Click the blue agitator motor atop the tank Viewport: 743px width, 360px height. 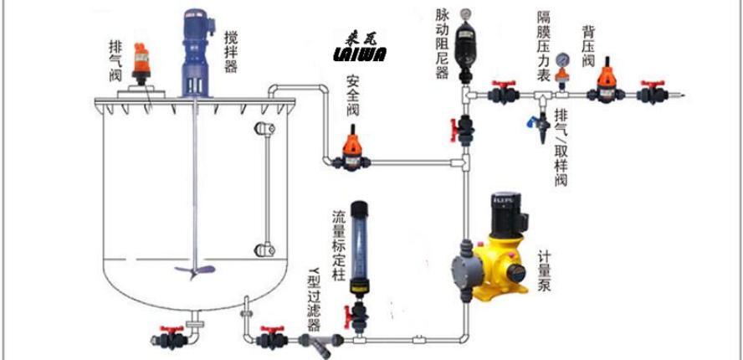pos(197,50)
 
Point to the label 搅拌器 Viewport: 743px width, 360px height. pos(231,51)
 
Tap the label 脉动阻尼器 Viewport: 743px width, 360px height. pos(443,44)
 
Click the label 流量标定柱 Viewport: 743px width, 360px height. pos(339,246)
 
